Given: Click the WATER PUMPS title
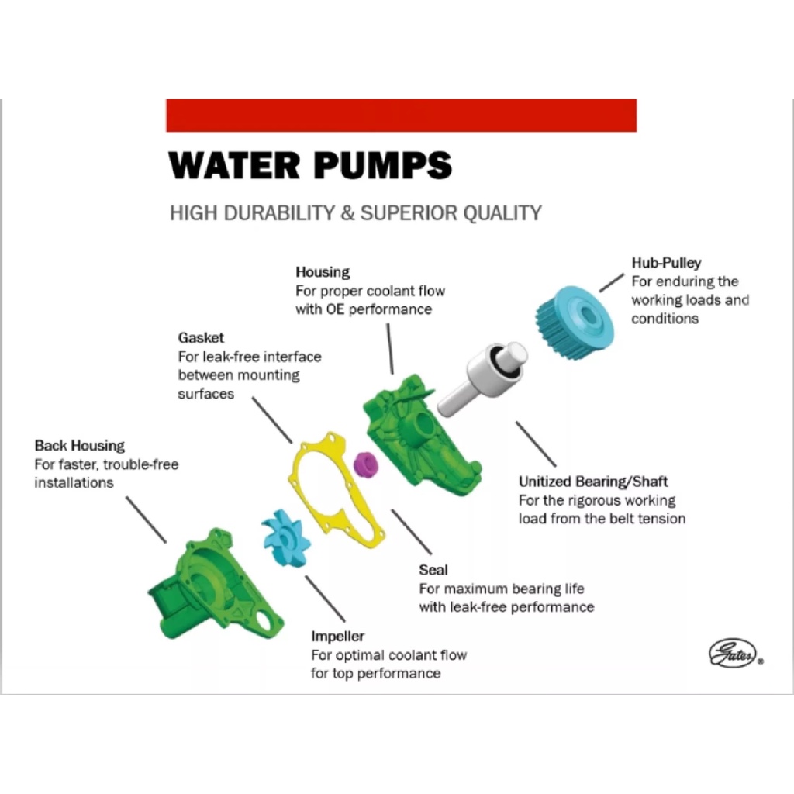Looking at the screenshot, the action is click(x=310, y=165).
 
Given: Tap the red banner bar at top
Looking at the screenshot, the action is click(x=401, y=116).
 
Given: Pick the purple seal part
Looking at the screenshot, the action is click(x=366, y=464).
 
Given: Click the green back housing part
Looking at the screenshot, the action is click(x=216, y=585).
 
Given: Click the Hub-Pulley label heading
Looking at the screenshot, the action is click(x=666, y=263).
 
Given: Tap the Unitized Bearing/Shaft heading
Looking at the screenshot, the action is click(x=593, y=482).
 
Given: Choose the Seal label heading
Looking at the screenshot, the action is click(x=433, y=570).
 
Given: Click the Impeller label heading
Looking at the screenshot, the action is click(x=337, y=637).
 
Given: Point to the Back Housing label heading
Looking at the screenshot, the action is click(x=80, y=446).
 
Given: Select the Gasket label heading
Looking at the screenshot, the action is click(x=201, y=338).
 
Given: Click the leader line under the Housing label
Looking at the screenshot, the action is click(x=390, y=349).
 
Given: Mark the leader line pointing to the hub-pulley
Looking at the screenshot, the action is click(x=612, y=283).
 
